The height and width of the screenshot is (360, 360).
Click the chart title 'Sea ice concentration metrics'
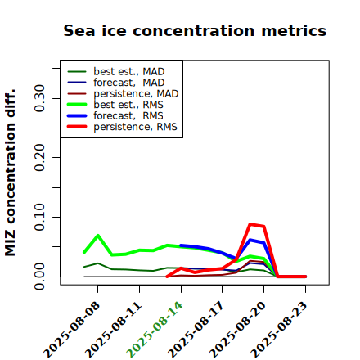click(195, 31)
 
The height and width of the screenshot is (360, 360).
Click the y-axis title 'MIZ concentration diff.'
click(11, 173)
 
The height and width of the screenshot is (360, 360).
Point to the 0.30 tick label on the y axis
click(39, 98)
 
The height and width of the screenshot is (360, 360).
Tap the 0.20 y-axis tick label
click(39, 157)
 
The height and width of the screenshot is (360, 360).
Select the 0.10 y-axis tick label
click(39, 217)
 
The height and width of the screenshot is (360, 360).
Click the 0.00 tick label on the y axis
click(39, 277)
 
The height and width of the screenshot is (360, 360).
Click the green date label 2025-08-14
click(155, 330)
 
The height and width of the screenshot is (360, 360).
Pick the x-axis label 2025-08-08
click(71, 330)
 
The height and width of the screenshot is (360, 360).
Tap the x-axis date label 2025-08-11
click(113, 330)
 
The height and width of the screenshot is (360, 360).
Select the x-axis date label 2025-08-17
click(196, 330)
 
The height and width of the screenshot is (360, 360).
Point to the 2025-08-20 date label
click(237, 330)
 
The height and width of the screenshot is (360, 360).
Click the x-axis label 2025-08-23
click(279, 330)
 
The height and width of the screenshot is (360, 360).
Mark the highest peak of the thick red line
click(250, 224)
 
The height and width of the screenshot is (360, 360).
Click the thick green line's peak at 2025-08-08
click(98, 236)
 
